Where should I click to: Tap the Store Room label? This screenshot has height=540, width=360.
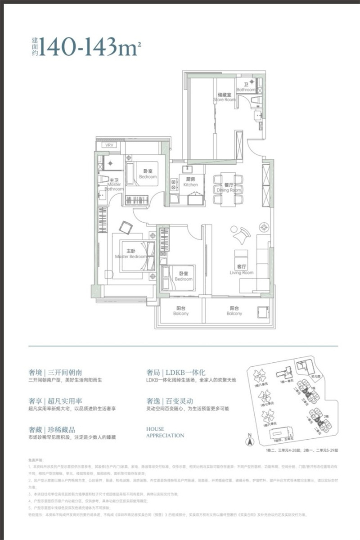224,97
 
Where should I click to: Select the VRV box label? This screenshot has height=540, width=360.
109,145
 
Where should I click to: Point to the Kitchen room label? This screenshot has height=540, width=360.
190,182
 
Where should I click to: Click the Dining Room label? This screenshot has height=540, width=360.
229,187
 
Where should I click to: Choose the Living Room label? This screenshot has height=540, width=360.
242,270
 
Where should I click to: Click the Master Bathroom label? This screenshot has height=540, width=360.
114,186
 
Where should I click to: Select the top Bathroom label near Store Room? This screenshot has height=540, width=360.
246,87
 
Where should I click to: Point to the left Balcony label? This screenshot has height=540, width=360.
181,311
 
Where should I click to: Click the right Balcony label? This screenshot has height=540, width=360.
234,311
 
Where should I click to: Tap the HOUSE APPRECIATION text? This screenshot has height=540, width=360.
165,432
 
